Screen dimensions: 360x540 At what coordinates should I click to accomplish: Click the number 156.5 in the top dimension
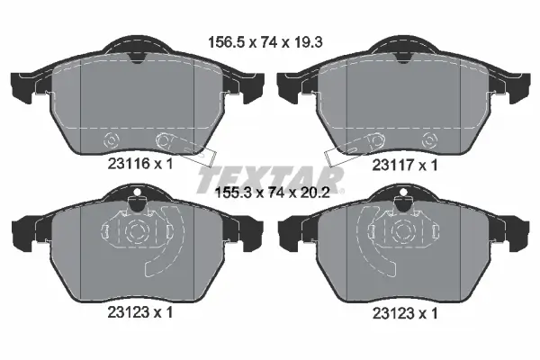pos(227,40)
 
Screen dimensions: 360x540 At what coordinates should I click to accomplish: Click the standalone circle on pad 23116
pos(112,140)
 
